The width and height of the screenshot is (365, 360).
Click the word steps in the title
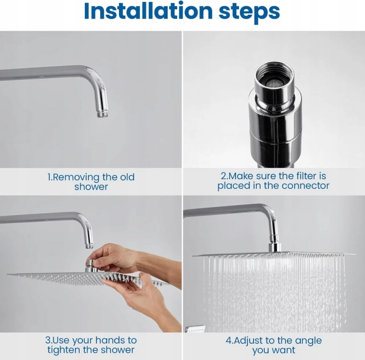pyautogui.click(x=250, y=13)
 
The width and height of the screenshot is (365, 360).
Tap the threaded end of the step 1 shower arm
pyautogui.click(x=102, y=114)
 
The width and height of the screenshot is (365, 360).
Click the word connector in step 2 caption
pyautogui.click(x=306, y=185)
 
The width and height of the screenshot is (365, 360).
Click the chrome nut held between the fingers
pyautogui.click(x=92, y=264)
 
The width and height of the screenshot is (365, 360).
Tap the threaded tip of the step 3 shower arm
pyautogui.click(x=89, y=246)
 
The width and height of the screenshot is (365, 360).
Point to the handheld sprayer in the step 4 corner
pyautogui.click(x=196, y=329)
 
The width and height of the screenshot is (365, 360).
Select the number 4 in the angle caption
pyautogui.click(x=229, y=340)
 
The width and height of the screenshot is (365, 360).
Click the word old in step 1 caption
pyautogui.click(x=127, y=177)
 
